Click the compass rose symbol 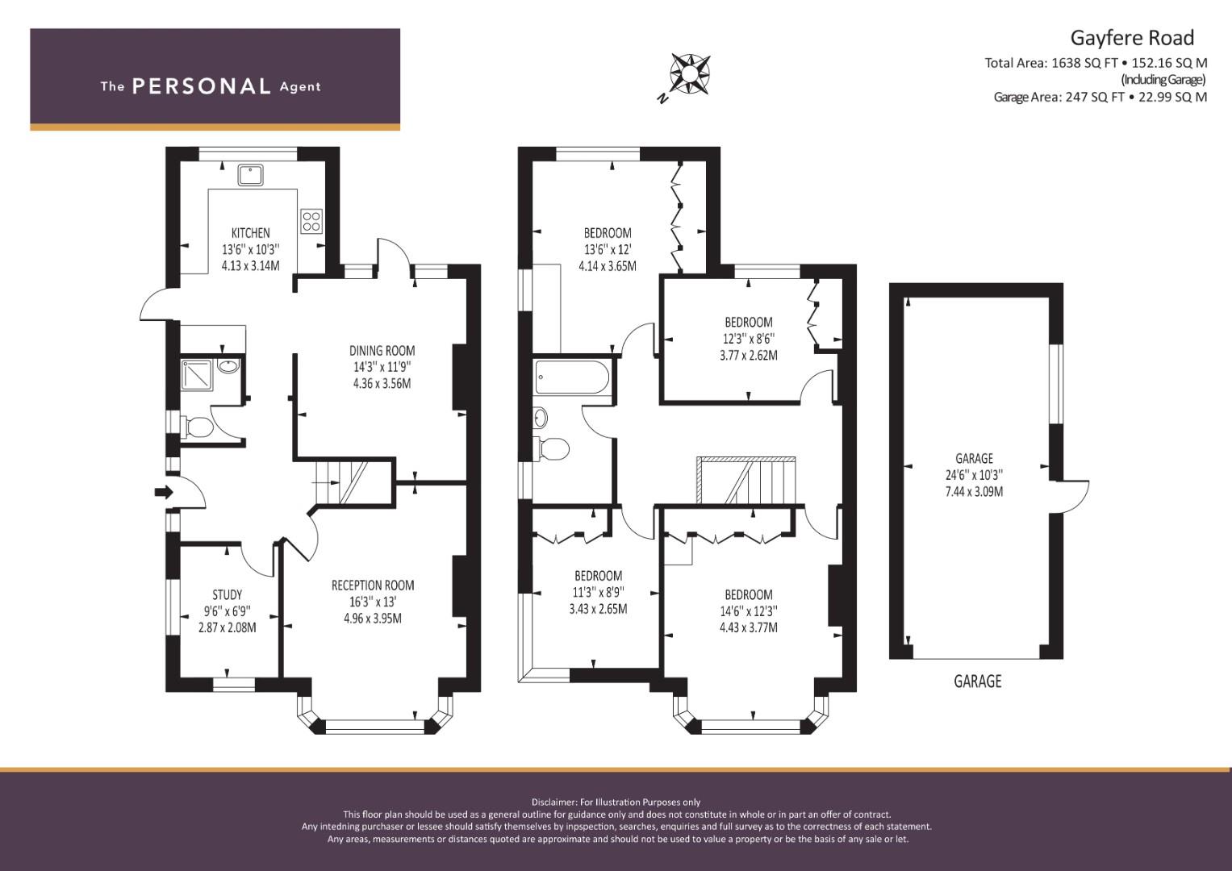(x=690, y=73)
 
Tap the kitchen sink (x=250, y=175)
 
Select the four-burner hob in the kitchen (x=311, y=221)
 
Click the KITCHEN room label (x=250, y=232)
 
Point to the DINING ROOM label (x=382, y=351)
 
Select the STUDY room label (x=228, y=595)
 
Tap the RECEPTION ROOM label (x=373, y=586)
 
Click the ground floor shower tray (x=197, y=375)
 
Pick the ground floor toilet (x=197, y=427)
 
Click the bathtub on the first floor (x=572, y=377)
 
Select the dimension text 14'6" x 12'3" (x=749, y=611)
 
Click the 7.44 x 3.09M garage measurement (x=974, y=492)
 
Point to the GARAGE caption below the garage (x=977, y=681)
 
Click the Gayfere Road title (x=1132, y=38)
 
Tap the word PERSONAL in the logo (x=202, y=86)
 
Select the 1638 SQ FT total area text (x=1084, y=63)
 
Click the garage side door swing (x=1072, y=497)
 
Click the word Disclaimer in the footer (x=554, y=802)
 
